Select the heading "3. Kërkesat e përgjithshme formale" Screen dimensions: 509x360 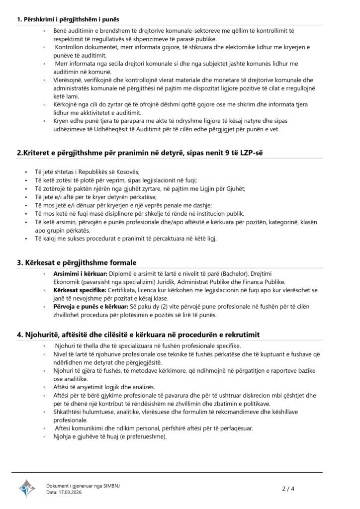pyautogui.click(x=77, y=262)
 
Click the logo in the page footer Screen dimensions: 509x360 pyautogui.click(x=27, y=489)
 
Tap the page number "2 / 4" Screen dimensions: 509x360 pyautogui.click(x=288, y=489)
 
